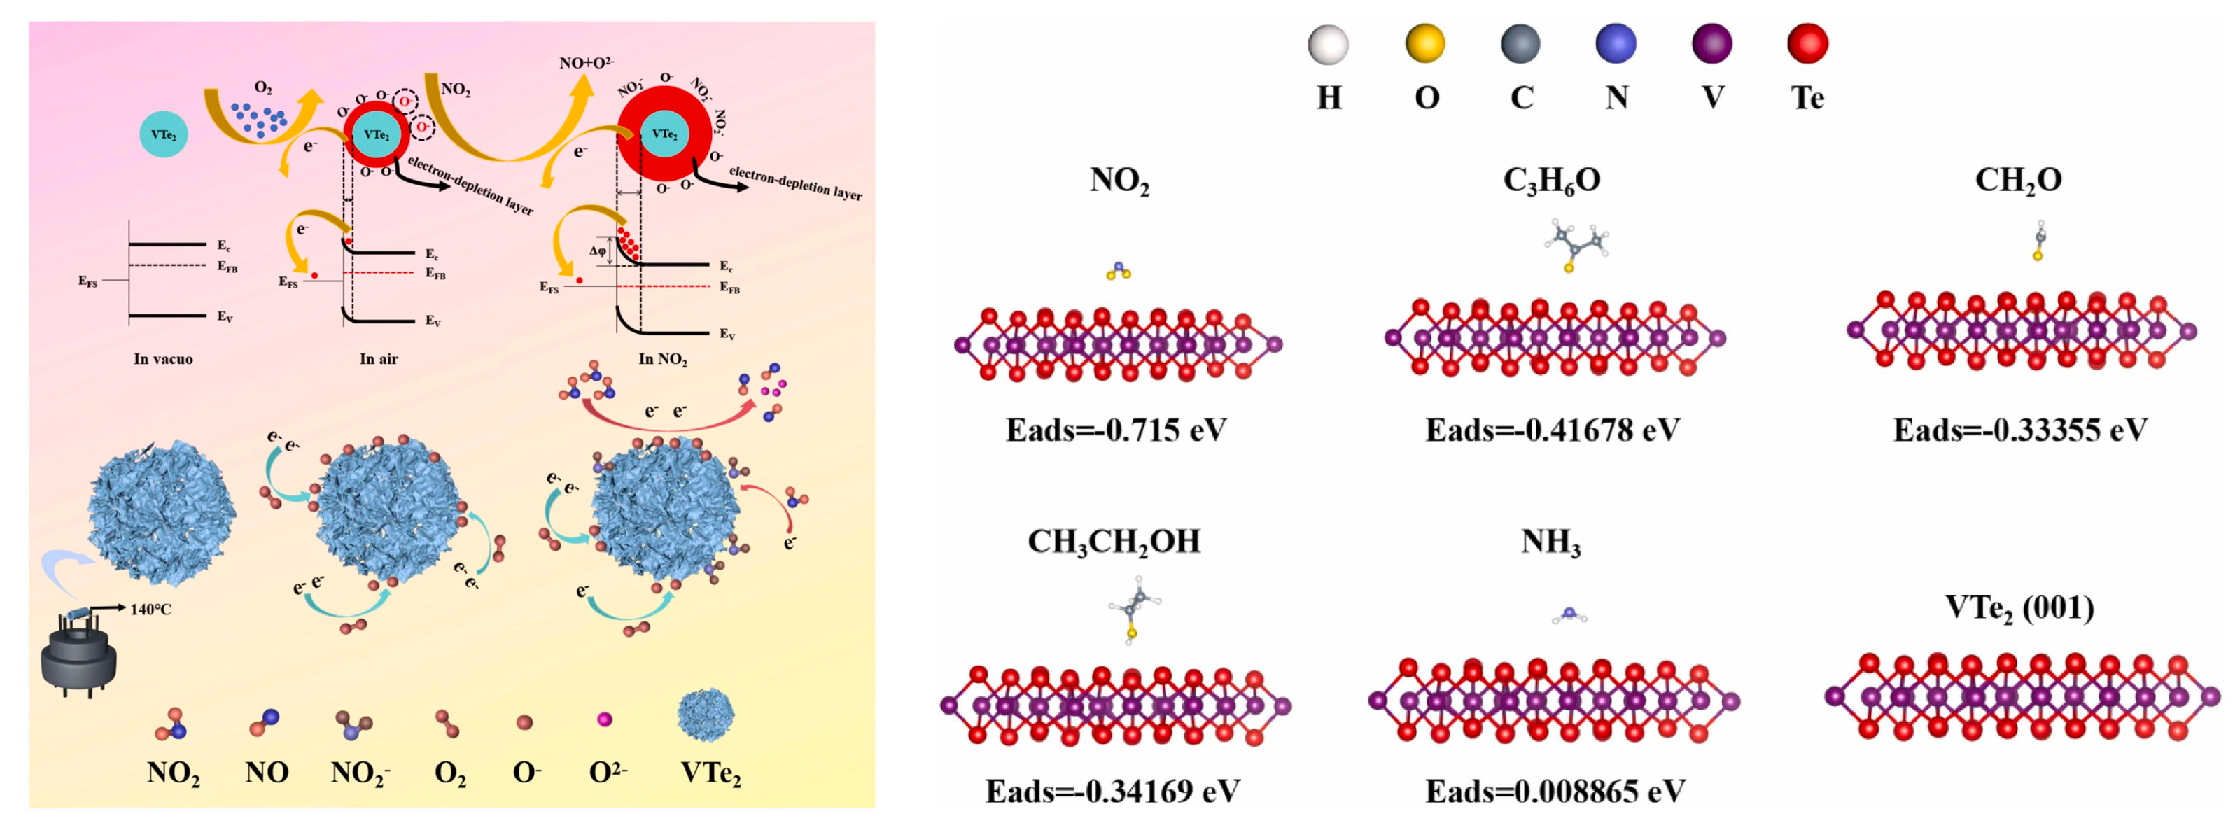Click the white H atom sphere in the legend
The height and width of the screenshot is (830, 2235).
[x=1327, y=44]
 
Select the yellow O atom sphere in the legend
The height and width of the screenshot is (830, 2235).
[x=1424, y=43]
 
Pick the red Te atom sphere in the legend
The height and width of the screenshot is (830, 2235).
[x=1807, y=43]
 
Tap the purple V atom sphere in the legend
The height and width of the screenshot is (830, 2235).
[x=1712, y=43]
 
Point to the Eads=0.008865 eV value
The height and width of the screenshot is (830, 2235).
[x=1554, y=791]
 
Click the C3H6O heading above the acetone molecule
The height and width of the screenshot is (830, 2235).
[x=1551, y=181]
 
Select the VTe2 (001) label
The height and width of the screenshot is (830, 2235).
[x=2019, y=608]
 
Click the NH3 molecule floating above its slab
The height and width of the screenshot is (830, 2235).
[x=1569, y=616]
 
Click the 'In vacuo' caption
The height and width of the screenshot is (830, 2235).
[x=163, y=359]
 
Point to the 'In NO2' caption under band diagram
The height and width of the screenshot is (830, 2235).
[x=663, y=359]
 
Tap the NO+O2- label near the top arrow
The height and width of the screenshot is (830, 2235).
[x=587, y=63]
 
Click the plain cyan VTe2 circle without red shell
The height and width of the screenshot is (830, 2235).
[x=163, y=134]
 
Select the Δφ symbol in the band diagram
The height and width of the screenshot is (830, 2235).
[x=598, y=251]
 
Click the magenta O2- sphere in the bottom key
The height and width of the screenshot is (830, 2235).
[x=605, y=719]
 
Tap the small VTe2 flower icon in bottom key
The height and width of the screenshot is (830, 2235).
[x=706, y=715]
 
